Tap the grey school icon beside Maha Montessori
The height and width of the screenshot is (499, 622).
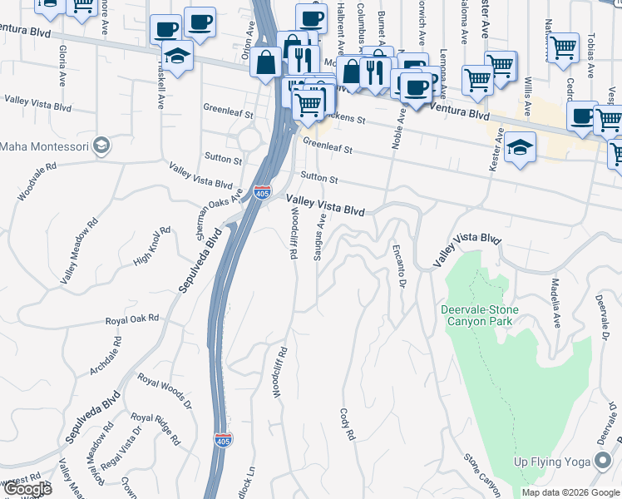pos(102,146)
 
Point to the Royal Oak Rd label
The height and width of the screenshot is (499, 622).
pos(131,319)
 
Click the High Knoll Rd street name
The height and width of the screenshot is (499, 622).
pos(151,247)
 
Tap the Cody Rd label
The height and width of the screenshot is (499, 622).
pos(348,423)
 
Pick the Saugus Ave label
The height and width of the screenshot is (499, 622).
pos(318,238)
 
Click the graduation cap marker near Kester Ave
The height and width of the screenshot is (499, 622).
pos(520,146)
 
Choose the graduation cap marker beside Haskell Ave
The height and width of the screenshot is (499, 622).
pos(178,55)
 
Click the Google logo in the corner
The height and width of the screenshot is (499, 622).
pos(27,490)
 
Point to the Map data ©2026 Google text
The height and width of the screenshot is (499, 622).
pos(570,492)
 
